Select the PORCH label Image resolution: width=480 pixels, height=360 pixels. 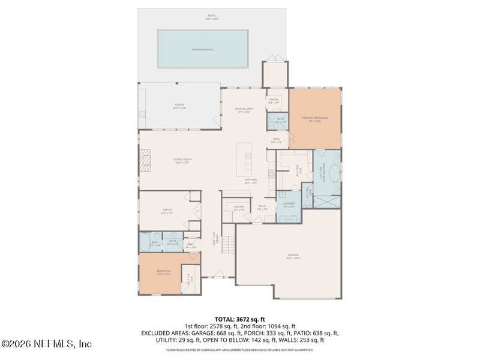pyautogui.click(x=179, y=106)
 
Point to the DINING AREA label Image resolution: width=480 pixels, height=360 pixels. pyautogui.click(x=244, y=110)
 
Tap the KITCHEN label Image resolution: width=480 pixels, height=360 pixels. pyautogui.click(x=251, y=180)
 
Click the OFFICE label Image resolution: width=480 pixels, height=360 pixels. pyautogui.click(x=167, y=211)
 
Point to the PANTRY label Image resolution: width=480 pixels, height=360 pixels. pyautogui.click(x=239, y=208)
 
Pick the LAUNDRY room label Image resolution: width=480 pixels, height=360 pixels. pyautogui.click(x=289, y=206)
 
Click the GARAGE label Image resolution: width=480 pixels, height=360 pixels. pyautogui.click(x=292, y=256)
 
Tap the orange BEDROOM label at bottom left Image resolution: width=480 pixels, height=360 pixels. pyautogui.click(x=163, y=272)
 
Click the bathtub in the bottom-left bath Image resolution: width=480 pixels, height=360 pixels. pyautogui.click(x=144, y=243)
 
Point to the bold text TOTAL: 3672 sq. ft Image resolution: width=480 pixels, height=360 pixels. pyautogui.click(x=240, y=319)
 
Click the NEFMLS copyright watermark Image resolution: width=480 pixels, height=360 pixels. pyautogui.click(x=47, y=344)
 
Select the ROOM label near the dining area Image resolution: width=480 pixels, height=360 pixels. pyautogui.click(x=274, y=101)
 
